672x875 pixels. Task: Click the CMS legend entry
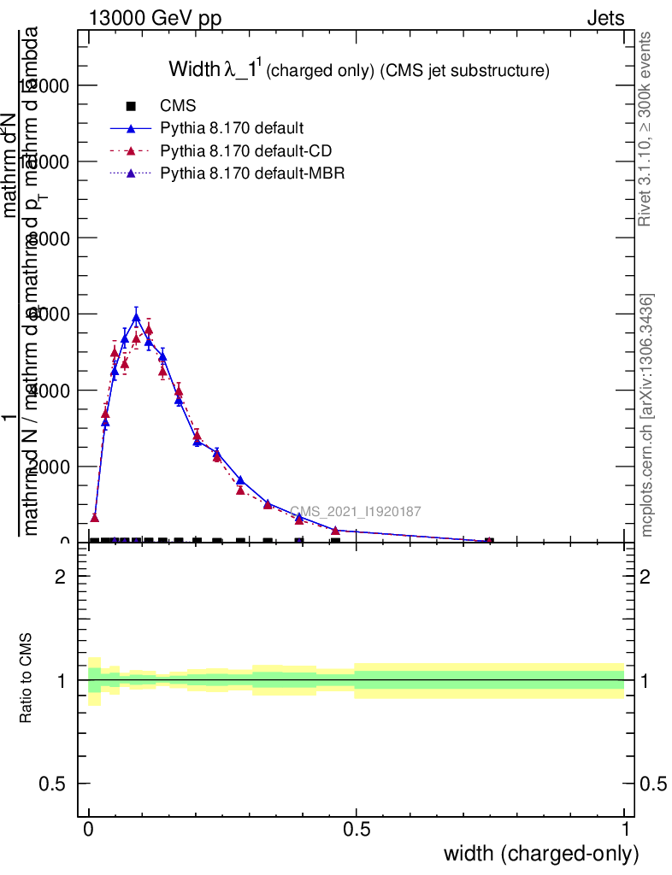click(x=178, y=106)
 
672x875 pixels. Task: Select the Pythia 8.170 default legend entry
click(x=232, y=129)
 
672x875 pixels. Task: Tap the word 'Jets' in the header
click(x=604, y=19)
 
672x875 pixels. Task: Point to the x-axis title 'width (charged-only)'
click(x=540, y=853)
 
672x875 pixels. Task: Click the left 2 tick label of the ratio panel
click(x=60, y=577)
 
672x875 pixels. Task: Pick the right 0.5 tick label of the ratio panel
click(x=654, y=784)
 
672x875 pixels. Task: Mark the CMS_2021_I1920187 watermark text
click(x=355, y=512)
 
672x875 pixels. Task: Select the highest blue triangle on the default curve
click(x=136, y=318)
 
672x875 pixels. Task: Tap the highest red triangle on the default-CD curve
click(x=149, y=329)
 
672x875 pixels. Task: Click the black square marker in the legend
click(x=131, y=106)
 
